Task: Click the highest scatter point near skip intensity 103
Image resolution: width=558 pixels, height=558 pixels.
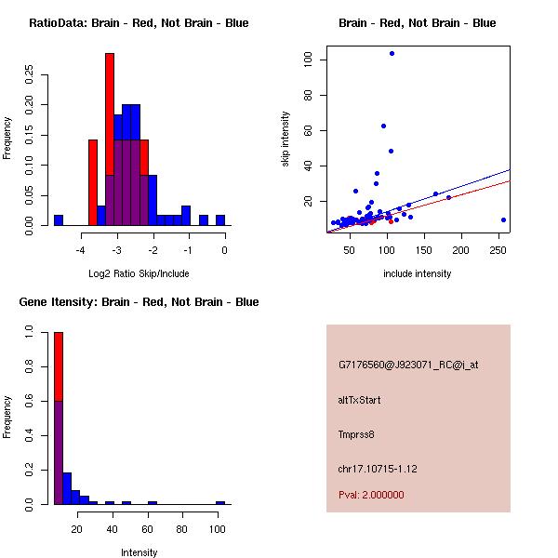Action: click(x=392, y=54)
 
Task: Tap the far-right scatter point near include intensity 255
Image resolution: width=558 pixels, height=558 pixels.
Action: click(x=503, y=219)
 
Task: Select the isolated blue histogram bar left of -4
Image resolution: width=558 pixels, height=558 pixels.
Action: click(x=59, y=220)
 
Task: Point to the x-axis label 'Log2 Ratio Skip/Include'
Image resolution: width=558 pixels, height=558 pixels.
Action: click(x=139, y=273)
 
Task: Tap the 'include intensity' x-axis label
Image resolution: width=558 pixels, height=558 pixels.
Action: click(x=417, y=273)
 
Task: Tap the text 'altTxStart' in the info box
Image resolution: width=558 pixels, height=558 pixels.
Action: click(x=359, y=400)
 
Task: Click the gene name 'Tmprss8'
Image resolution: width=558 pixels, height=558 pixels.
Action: click(x=356, y=434)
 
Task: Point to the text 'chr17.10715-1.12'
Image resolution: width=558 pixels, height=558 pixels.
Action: click(x=378, y=469)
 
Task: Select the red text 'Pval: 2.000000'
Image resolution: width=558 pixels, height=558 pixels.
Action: click(x=371, y=495)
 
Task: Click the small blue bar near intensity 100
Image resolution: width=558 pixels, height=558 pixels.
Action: click(x=220, y=502)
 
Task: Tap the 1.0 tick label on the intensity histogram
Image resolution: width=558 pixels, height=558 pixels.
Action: click(x=30, y=330)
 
